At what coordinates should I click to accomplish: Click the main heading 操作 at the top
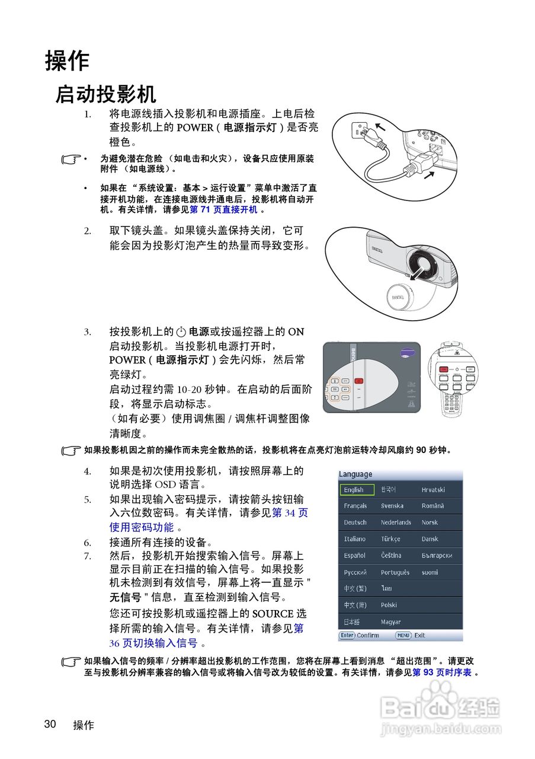67,61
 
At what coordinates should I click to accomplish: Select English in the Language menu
357,490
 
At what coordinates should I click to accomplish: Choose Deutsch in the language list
355,522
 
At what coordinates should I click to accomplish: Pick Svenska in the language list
392,506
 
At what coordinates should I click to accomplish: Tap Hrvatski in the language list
433,490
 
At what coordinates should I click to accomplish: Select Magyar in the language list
391,622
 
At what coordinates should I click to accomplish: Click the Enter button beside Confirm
347,635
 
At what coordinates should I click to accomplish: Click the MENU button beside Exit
403,635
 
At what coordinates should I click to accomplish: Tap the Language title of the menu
355,474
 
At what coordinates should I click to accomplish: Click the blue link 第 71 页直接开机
223,209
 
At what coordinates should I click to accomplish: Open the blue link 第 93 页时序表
442,672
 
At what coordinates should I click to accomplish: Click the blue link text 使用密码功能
142,527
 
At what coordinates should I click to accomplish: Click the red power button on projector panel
358,381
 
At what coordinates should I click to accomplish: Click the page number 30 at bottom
50,724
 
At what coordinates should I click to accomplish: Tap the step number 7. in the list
87,556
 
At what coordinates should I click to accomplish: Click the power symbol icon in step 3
182,332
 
